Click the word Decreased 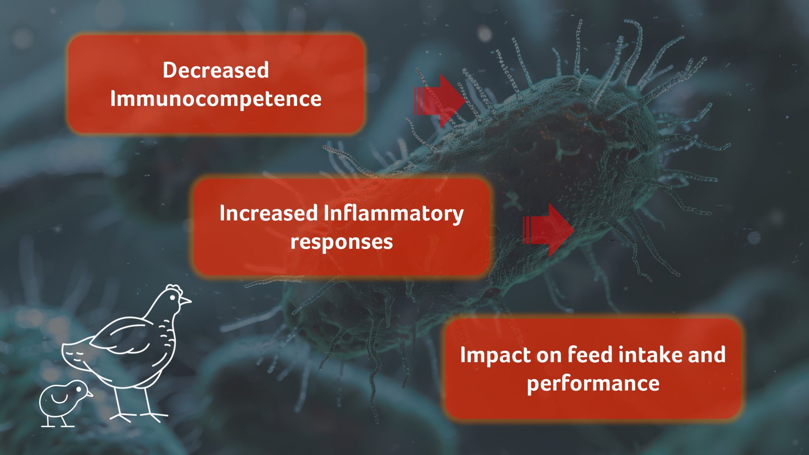tap(216, 70)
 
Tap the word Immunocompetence tap(216, 99)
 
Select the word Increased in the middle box tap(269, 213)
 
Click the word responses tap(342, 242)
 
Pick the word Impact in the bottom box tap(495, 355)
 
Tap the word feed tap(591, 354)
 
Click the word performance tap(593, 383)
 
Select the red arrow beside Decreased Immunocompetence tap(439, 101)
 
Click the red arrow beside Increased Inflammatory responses tap(548, 230)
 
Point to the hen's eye tap(172, 297)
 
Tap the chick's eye tap(78, 389)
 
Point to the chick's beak tap(90, 394)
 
